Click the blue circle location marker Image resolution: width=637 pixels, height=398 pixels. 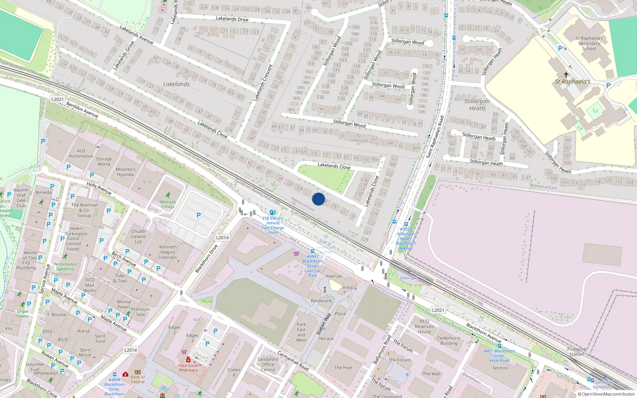(x=318, y=199)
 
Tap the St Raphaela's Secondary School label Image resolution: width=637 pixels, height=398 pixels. (x=589, y=43)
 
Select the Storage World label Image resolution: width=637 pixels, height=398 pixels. (x=104, y=161)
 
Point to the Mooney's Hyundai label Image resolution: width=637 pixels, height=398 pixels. (x=125, y=172)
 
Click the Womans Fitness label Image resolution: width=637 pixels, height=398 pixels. (x=168, y=204)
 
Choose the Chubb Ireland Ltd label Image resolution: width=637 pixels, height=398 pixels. (x=138, y=236)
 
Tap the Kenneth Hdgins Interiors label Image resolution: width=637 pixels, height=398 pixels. (x=168, y=252)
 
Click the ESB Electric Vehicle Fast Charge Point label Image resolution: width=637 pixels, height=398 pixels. (x=273, y=225)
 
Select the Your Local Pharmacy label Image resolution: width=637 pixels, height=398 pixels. (x=188, y=368)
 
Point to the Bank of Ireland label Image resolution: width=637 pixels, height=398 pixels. (x=138, y=379)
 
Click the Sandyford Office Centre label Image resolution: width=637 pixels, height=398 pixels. (x=268, y=364)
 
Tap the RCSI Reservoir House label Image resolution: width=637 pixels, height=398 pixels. (x=424, y=326)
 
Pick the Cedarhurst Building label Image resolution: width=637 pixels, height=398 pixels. (x=449, y=341)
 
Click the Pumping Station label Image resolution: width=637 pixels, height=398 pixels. (x=576, y=351)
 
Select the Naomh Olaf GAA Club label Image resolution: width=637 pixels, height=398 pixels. (x=21, y=198)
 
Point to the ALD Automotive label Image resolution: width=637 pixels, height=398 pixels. (x=81, y=154)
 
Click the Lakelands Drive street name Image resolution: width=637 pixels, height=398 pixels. (x=232, y=19)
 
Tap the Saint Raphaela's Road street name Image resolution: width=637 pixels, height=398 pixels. (x=435, y=137)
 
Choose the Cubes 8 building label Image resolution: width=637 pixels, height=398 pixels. (x=234, y=372)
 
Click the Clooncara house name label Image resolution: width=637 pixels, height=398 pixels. (x=358, y=140)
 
